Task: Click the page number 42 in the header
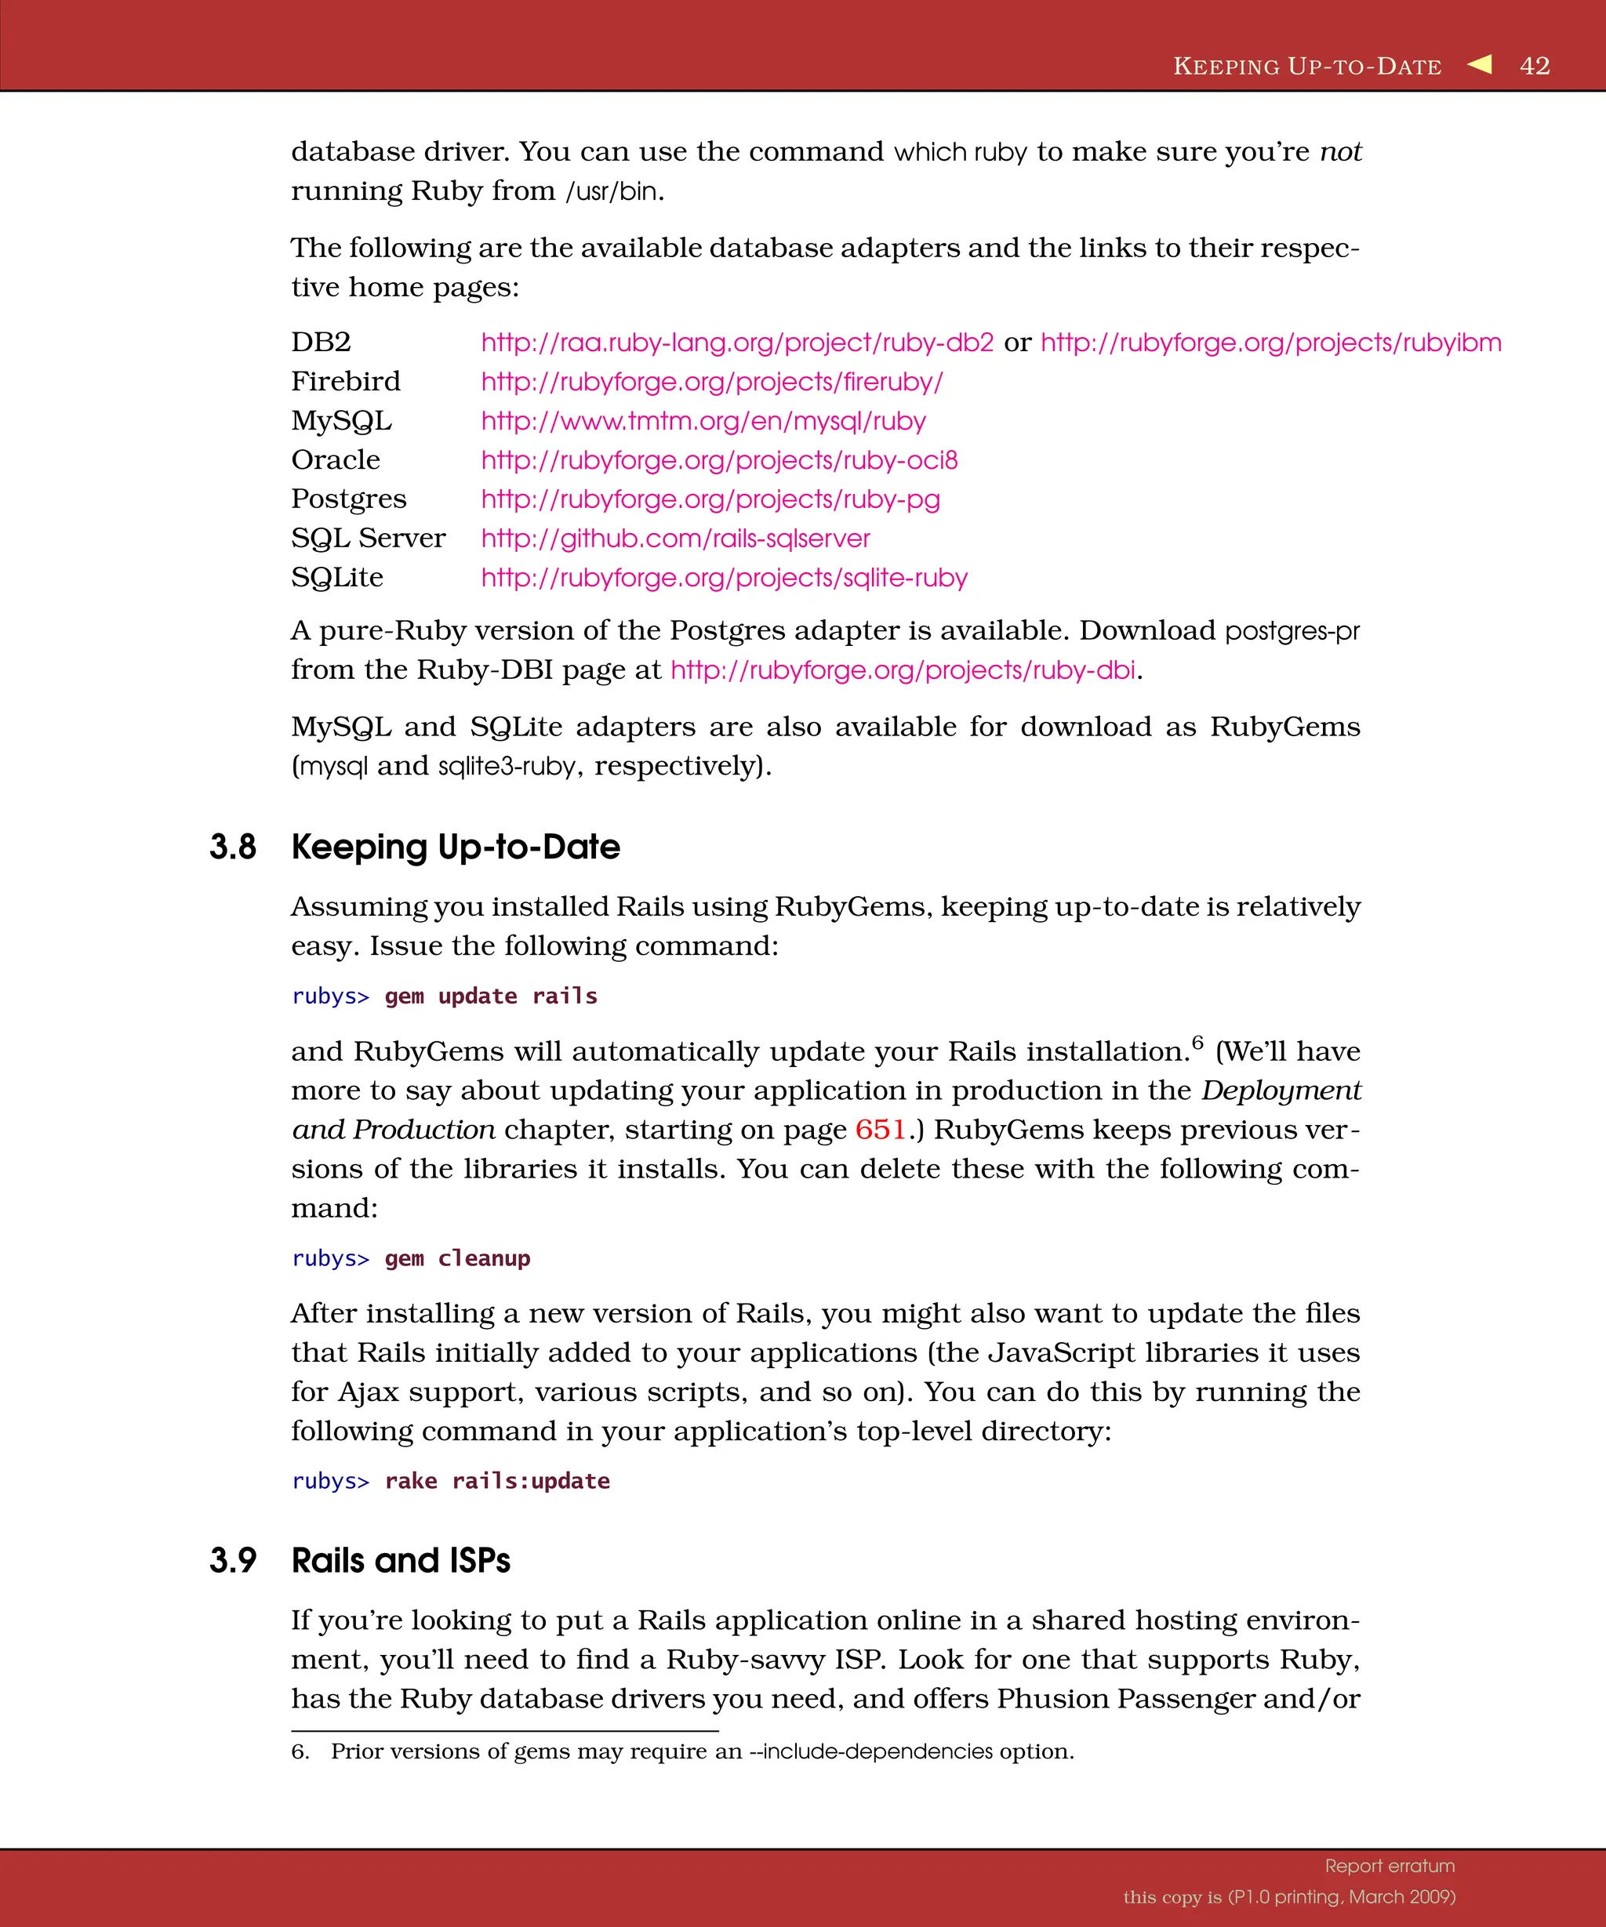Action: (1535, 66)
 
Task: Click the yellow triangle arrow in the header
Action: (1480, 64)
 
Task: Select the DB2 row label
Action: (322, 343)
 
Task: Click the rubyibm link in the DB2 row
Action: (1270, 343)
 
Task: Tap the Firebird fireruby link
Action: (711, 382)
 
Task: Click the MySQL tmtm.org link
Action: (703, 421)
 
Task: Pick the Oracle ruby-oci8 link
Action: (718, 459)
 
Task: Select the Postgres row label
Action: (349, 499)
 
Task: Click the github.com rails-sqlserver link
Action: (675, 539)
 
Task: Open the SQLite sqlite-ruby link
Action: (724, 578)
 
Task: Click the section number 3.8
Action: (232, 846)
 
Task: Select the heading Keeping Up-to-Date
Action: (455, 846)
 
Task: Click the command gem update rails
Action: (490, 996)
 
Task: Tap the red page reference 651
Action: (880, 1130)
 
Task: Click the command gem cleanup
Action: (457, 1258)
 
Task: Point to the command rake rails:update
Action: (496, 1481)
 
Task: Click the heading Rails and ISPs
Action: (400, 1560)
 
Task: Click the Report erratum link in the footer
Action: (1390, 1866)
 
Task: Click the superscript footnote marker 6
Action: (1197, 1043)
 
